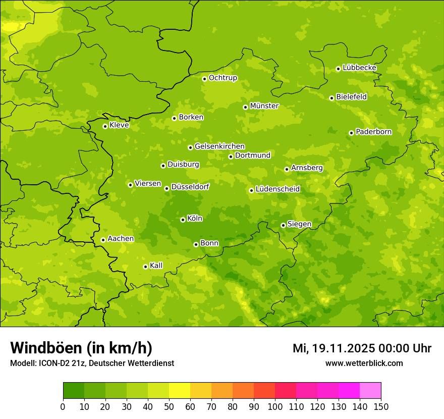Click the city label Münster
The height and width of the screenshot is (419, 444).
264,106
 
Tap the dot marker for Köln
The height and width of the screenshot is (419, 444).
183,220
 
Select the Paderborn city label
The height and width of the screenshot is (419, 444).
373,132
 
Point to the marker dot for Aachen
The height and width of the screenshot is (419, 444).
103,240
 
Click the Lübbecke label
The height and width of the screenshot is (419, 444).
359,68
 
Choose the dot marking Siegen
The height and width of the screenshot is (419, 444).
283,225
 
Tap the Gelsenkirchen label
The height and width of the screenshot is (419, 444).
219,146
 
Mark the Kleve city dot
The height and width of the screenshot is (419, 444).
105,126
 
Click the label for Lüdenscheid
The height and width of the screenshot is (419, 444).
277,189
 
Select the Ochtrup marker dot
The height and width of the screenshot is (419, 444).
204,79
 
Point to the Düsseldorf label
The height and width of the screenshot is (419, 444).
190,187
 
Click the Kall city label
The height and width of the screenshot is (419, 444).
156,266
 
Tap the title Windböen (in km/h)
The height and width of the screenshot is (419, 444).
81,348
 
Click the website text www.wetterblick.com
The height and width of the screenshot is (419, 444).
364,363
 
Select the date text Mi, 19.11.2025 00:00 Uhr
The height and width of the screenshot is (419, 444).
362,348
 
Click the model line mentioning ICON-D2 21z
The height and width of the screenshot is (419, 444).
92,363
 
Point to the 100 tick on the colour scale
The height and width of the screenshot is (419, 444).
275,406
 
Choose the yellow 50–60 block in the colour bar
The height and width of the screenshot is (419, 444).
180,391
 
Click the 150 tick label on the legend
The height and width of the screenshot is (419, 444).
381,406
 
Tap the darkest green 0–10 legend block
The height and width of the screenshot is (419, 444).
74,391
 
